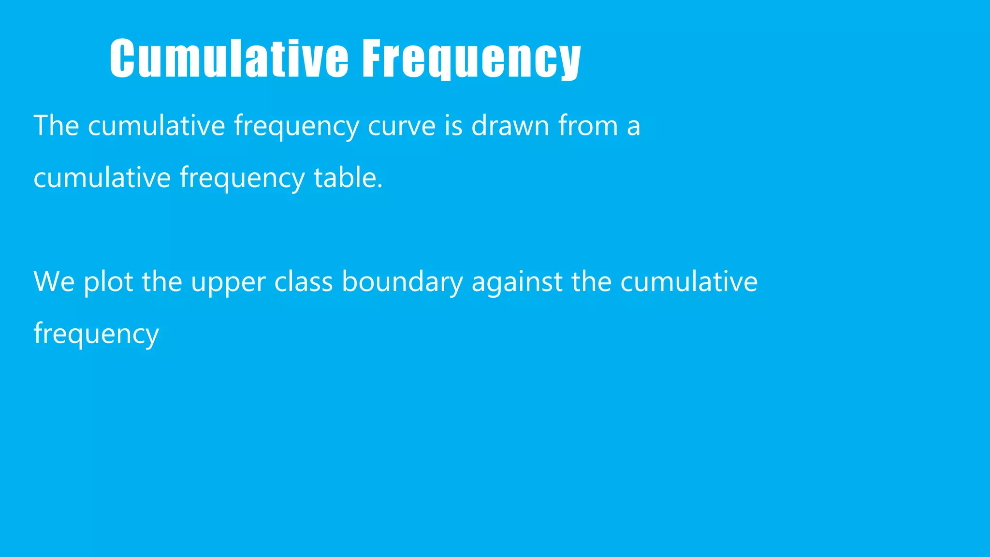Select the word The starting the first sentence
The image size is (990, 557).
[56, 126]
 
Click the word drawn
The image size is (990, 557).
[510, 126]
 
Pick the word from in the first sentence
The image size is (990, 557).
[588, 126]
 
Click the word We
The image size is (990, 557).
[54, 281]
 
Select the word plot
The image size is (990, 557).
[108, 281]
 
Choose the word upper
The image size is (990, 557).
[228, 281]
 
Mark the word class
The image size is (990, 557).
[304, 281]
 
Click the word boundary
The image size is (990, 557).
[402, 281]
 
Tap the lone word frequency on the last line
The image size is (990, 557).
[96, 334]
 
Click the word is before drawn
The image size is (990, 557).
[453, 126]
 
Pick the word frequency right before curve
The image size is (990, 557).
[296, 126]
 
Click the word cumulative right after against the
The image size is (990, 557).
[689, 281]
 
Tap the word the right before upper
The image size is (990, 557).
[162, 281]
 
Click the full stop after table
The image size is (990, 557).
[380, 186]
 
